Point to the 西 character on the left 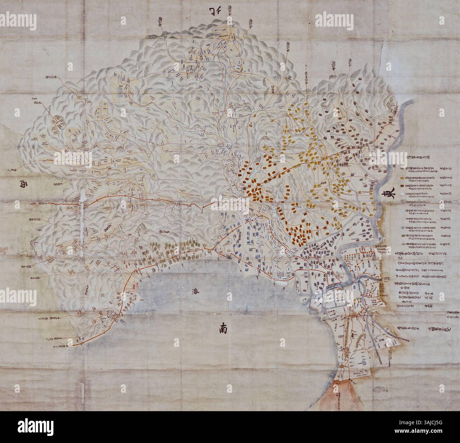[25, 183]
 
